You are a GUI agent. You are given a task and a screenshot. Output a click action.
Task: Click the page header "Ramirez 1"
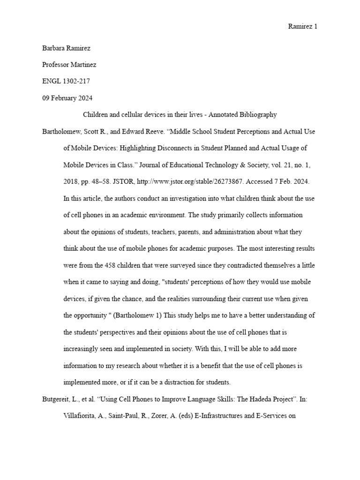(302, 27)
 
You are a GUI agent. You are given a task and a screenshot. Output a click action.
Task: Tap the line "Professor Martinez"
(69, 65)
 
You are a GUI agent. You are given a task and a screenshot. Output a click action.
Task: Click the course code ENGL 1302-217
(66, 81)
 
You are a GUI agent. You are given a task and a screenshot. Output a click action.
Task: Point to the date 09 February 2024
(67, 98)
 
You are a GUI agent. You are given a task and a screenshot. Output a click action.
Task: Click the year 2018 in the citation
(72, 182)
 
